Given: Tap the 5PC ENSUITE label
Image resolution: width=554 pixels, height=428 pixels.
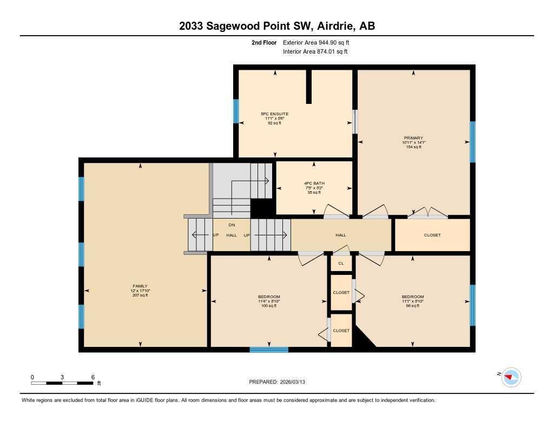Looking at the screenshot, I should [275, 114].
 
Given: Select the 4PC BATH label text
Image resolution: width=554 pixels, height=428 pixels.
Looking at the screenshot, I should [314, 183].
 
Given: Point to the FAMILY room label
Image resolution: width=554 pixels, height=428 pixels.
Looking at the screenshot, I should [140, 286].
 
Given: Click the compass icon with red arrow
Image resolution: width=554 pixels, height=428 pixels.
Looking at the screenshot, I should [511, 377].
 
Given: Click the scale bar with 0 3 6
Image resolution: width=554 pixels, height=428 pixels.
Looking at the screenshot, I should [62, 383].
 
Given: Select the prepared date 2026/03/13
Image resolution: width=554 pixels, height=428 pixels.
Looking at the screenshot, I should [281, 382].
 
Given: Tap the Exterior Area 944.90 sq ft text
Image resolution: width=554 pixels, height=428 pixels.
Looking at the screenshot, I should [320, 42].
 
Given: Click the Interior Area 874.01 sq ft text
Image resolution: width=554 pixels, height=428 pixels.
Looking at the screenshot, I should [315, 52].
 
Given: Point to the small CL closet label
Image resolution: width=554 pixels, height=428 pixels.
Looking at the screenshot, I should [341, 264].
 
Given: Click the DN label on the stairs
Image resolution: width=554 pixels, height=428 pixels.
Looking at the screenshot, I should [232, 225].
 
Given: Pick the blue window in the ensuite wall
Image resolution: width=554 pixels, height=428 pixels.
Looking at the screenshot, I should [236, 111].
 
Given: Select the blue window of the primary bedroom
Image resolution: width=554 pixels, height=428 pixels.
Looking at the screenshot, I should [472, 142].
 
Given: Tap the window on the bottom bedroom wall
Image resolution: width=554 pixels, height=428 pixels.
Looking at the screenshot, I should [269, 350].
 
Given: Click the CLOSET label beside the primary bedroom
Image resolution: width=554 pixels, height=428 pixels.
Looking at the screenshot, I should [432, 235].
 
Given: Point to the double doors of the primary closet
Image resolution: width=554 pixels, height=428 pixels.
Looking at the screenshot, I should [427, 213].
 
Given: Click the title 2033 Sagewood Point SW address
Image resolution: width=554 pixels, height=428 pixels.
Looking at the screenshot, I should [277, 26].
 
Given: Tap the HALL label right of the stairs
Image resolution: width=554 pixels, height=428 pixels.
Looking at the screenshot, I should [341, 235].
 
